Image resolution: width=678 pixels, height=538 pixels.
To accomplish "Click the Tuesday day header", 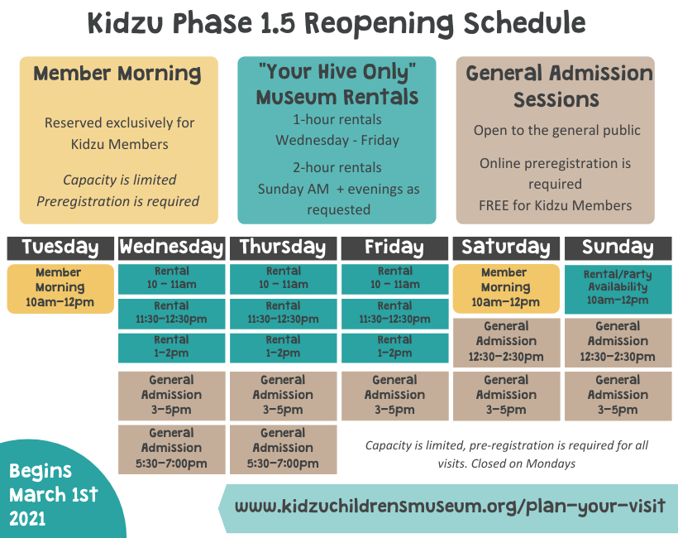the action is [x=60, y=248].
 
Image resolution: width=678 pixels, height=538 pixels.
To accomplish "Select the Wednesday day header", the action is [x=172, y=248].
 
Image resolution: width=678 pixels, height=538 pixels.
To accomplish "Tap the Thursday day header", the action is [x=284, y=248].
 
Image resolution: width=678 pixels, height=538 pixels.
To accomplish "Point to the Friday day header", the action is [x=394, y=248].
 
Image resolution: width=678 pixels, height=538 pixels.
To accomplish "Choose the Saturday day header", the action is [x=506, y=248].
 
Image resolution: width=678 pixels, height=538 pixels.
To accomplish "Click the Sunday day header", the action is [x=618, y=248].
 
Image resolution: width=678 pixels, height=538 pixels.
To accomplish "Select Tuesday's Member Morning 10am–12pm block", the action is [x=60, y=289].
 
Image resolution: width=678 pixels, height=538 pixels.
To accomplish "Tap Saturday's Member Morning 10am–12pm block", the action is [x=506, y=289].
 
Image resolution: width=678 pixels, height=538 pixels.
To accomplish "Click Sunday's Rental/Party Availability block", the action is [x=618, y=289].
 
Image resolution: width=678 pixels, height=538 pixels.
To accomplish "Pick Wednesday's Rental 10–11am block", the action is [x=172, y=279].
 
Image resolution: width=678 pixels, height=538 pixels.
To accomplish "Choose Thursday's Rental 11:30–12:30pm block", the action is [x=284, y=314].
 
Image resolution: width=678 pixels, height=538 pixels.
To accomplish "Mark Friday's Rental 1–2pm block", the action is [x=394, y=348].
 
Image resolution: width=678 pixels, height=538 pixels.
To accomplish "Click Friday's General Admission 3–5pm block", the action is [x=394, y=396].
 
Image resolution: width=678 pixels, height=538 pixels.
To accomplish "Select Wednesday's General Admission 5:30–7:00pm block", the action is [x=172, y=449].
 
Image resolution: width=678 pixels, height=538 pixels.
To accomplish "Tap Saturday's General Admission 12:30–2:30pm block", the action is [x=506, y=343].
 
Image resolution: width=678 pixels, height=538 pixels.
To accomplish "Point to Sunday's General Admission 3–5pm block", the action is [x=618, y=396].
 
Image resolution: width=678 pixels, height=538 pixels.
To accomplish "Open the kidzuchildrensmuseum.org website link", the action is [x=450, y=506].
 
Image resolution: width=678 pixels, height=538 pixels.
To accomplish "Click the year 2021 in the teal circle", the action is [x=27, y=518].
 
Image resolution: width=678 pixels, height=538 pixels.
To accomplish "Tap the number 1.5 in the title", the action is [x=278, y=23].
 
